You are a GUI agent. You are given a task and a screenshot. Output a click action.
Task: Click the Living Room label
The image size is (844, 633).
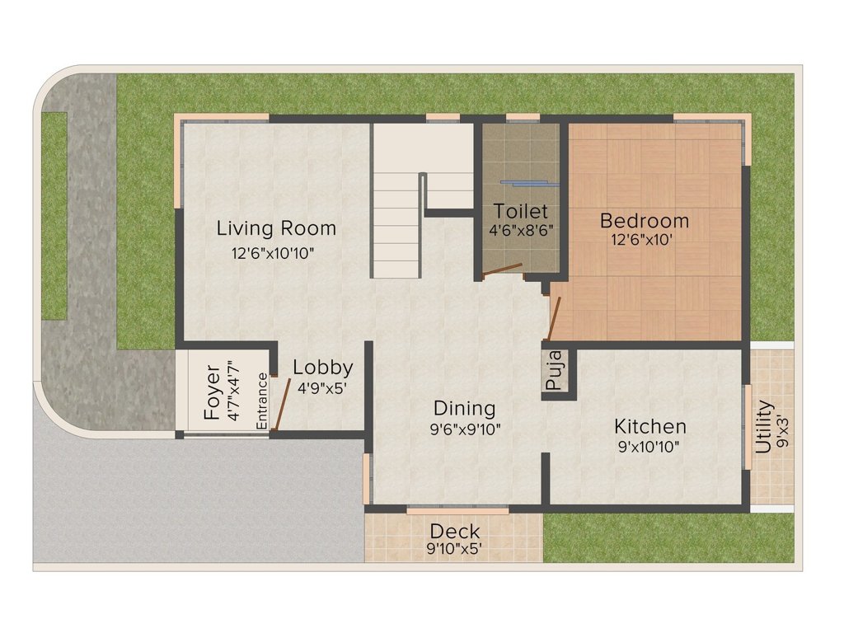pos(276,227)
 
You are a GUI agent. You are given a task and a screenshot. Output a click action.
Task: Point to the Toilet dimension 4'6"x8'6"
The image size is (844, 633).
pos(521,231)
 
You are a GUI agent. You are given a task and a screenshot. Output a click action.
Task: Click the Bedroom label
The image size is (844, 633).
pos(645,221)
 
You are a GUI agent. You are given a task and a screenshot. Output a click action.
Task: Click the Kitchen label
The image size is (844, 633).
pos(650,426)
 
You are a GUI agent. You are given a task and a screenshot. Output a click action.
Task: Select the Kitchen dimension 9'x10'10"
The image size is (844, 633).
pos(650,448)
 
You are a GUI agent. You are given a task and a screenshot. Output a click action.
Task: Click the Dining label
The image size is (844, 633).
pos(465,408)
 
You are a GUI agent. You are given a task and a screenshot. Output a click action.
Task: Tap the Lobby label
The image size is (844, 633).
pos(323,368)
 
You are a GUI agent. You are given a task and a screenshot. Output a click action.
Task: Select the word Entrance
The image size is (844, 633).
pos(262,401)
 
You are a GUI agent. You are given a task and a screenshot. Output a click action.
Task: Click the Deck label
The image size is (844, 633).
pos(455,531)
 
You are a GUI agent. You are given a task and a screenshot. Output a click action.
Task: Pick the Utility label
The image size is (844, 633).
pos(764,427)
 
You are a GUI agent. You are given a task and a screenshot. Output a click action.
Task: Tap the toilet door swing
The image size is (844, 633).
pos(502,270)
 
